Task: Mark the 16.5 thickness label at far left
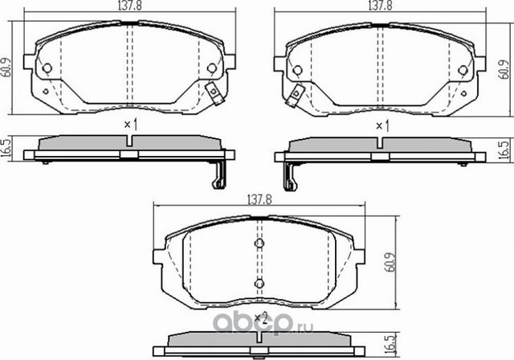pos(7,148)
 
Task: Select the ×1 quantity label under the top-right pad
pos(382,125)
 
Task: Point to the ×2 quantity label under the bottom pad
pos(259,318)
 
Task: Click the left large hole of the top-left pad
pos(47,68)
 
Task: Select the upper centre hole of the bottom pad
pos(259,244)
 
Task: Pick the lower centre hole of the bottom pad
pos(259,282)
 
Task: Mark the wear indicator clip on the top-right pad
pos(296,93)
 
